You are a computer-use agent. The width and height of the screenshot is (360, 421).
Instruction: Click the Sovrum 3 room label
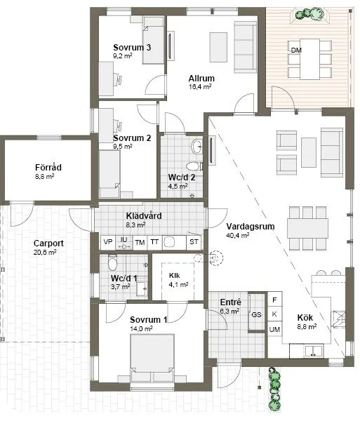click(x=133, y=47)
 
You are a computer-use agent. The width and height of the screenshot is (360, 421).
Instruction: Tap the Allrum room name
click(x=201, y=78)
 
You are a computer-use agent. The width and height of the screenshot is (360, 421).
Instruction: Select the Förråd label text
click(x=48, y=168)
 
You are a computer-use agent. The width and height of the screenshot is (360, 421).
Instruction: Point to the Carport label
click(x=48, y=243)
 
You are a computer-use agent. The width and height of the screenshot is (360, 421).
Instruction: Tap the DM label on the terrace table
click(x=296, y=50)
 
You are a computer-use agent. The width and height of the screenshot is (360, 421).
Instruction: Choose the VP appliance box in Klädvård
click(x=107, y=242)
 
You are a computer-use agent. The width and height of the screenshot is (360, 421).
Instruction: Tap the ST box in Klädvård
click(x=194, y=242)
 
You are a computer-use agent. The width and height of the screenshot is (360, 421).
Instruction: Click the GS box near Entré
click(x=256, y=315)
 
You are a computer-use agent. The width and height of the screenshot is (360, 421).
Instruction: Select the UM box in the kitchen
click(x=275, y=329)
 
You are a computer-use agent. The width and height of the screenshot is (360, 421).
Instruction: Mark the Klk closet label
click(x=174, y=275)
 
